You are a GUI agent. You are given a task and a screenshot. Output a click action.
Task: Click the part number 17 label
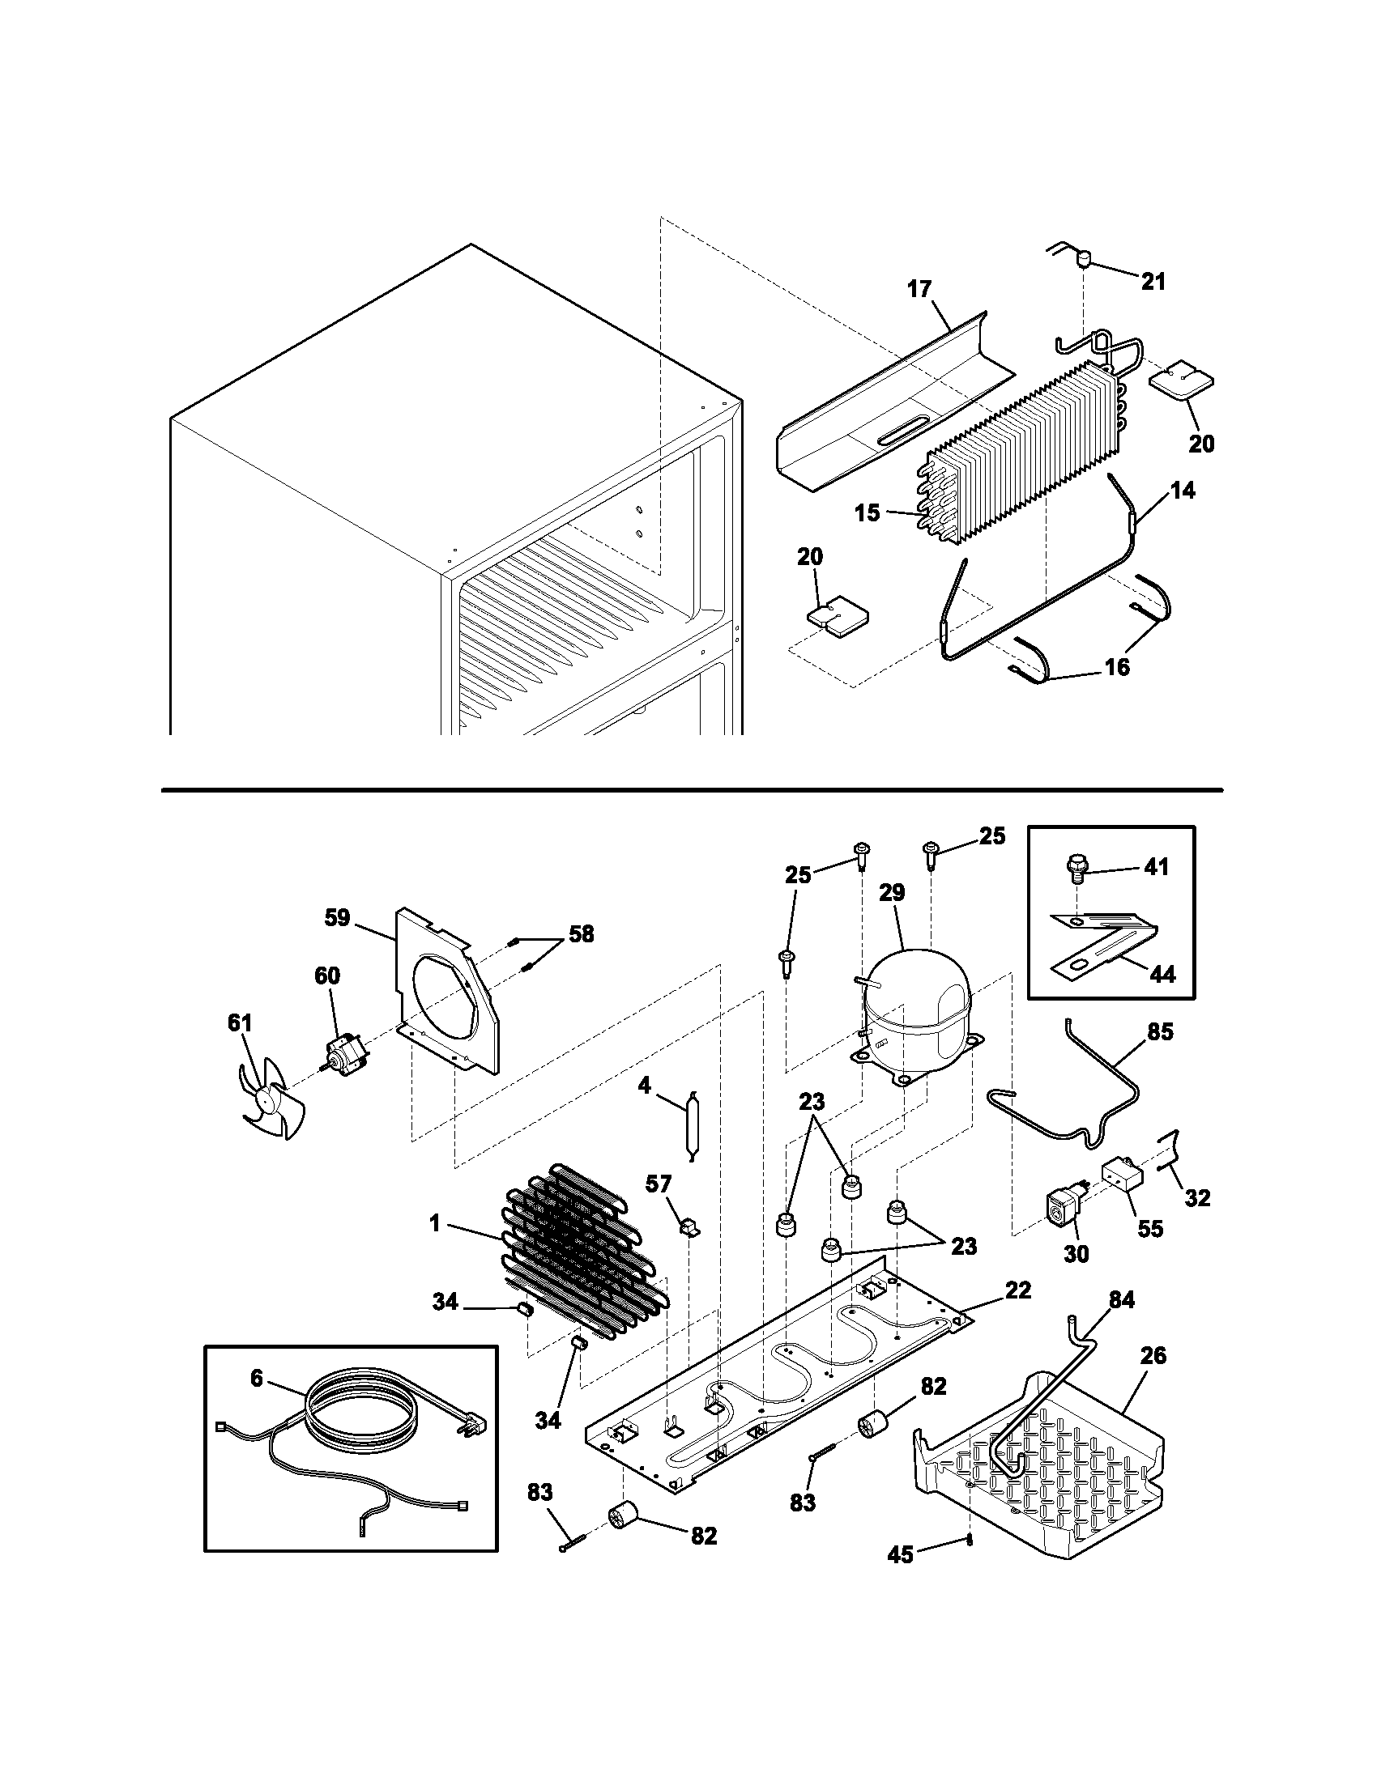[919, 289]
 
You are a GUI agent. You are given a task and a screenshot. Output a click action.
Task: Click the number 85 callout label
[1160, 1031]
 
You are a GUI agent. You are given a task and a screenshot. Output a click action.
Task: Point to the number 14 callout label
[1183, 490]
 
